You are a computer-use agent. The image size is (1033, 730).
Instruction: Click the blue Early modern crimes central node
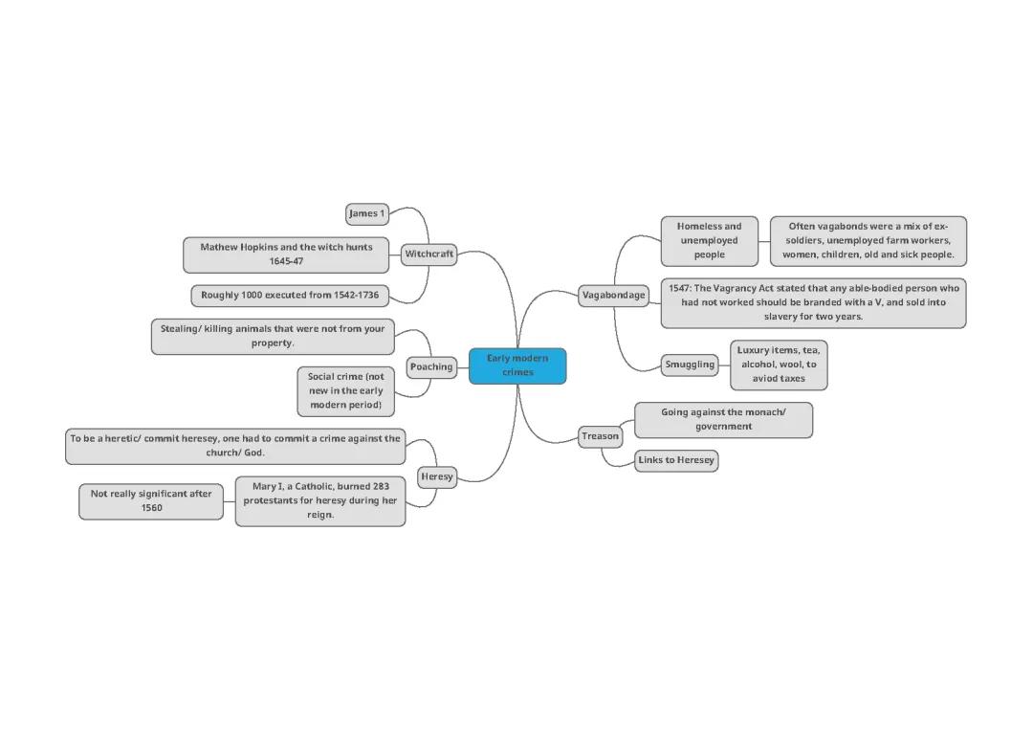[517, 365]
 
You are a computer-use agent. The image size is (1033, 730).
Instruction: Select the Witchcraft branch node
[429, 254]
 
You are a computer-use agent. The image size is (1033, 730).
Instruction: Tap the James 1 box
[366, 213]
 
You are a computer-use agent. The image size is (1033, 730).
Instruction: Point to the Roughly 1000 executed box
[290, 295]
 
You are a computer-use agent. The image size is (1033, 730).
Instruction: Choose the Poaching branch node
[431, 366]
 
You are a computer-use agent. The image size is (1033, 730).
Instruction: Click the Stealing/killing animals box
[273, 336]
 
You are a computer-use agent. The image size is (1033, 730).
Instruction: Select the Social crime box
[345, 390]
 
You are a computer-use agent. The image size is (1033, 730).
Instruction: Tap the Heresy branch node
[436, 476]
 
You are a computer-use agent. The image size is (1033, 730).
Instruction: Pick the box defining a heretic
[234, 446]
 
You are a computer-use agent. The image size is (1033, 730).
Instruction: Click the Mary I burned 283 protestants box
[320, 500]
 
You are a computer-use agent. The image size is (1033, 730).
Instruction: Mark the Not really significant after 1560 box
[151, 500]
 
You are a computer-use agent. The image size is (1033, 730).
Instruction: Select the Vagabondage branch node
[613, 295]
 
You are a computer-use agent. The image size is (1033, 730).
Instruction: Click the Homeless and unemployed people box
[709, 240]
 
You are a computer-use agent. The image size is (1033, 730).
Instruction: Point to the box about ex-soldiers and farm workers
[868, 240]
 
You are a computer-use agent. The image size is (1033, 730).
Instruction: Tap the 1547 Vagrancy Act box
[813, 302]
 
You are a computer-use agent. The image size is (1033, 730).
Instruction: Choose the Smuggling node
[690, 365]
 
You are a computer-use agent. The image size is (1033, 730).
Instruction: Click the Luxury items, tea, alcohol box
[779, 365]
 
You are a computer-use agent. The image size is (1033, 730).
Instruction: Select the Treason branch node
[600, 436]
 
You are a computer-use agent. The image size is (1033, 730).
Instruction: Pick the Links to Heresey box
[676, 460]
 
